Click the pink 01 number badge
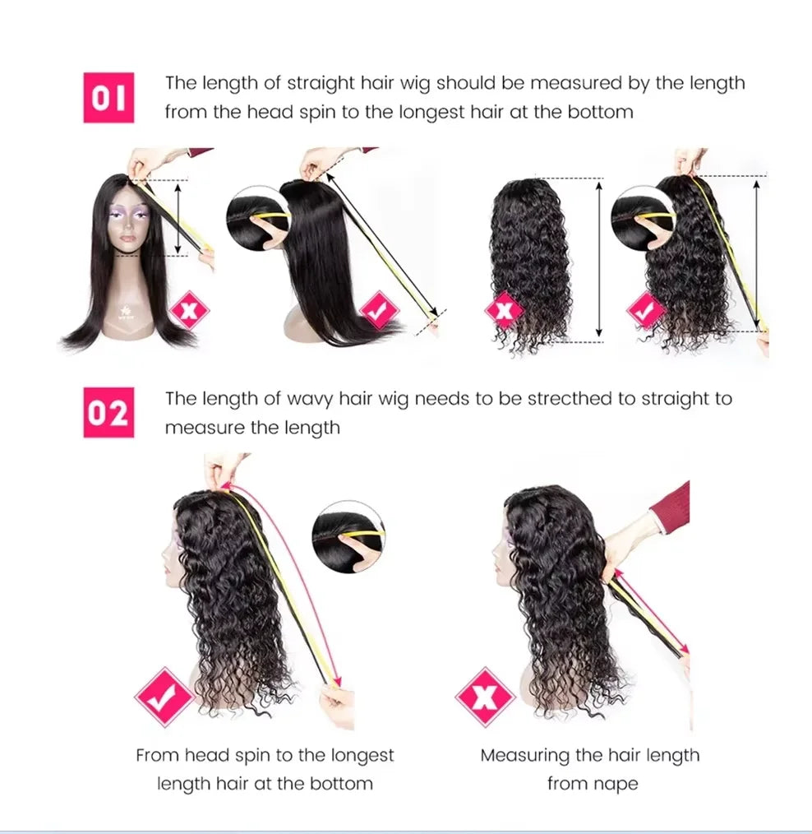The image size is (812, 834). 108,98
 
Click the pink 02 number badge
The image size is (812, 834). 108,413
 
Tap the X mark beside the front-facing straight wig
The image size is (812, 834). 189,311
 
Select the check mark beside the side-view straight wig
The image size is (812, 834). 379,311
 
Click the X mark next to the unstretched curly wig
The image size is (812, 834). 505,311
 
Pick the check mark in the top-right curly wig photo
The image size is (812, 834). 646,311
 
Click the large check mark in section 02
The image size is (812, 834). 164,697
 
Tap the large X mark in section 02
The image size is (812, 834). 485,697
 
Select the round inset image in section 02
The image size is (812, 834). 348,537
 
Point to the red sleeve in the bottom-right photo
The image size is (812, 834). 673,506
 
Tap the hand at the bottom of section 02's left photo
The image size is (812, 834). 337,705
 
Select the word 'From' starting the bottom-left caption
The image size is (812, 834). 157,755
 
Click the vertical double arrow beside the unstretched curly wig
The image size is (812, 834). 598,259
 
